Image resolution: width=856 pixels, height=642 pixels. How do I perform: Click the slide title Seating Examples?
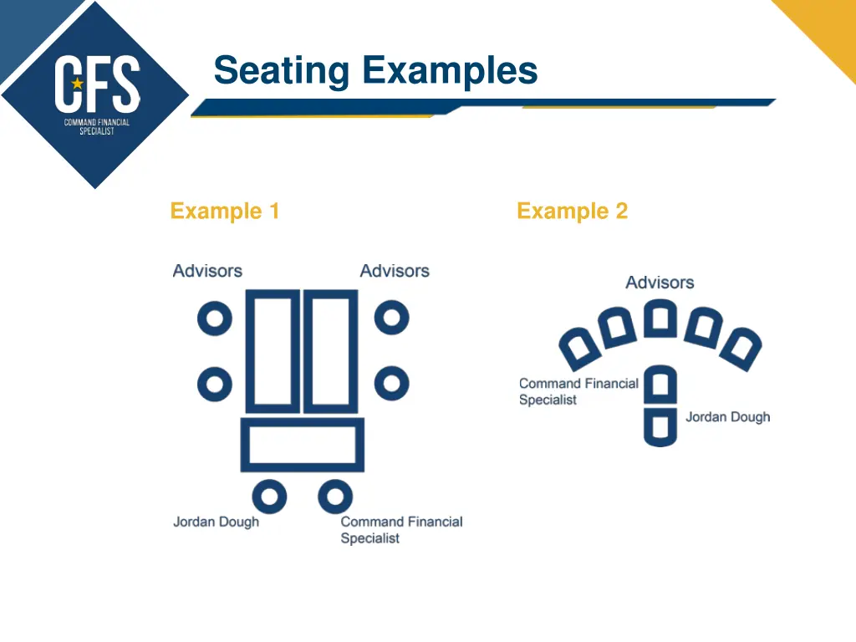[375, 70]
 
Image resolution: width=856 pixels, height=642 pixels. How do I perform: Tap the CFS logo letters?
[97, 84]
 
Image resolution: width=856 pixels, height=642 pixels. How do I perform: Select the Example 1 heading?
[224, 211]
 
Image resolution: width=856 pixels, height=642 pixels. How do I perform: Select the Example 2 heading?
[572, 211]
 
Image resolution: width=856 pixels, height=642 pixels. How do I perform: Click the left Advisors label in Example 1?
[207, 271]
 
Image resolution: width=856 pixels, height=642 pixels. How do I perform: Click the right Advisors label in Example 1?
[395, 271]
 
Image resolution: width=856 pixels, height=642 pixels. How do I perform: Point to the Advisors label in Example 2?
[660, 283]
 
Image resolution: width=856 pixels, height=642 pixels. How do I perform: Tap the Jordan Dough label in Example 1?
[216, 522]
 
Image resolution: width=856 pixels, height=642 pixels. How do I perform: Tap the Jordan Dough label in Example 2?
[727, 417]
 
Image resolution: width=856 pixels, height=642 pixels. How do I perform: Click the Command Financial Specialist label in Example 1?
[400, 530]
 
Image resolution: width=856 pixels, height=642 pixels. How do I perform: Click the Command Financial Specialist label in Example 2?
[578, 391]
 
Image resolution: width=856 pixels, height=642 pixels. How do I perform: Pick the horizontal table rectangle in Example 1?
[303, 445]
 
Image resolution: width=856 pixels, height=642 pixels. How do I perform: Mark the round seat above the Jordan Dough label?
[269, 497]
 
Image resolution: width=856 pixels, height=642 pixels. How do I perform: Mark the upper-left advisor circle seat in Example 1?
[215, 318]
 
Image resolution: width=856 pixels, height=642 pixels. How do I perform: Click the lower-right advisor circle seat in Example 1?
[391, 384]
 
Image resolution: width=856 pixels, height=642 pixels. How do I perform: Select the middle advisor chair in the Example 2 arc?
[660, 318]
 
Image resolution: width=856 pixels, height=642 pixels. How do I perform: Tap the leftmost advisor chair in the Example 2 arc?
[578, 347]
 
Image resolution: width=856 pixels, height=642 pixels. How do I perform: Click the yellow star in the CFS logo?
[78, 84]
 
